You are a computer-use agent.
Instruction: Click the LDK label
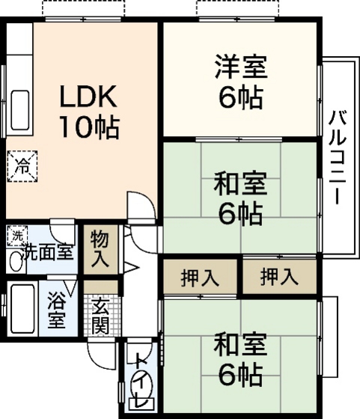point(88,97)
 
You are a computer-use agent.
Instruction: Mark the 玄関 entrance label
point(100,315)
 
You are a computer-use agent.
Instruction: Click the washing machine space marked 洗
point(16,236)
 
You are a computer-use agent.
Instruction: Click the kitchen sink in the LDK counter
point(21,104)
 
